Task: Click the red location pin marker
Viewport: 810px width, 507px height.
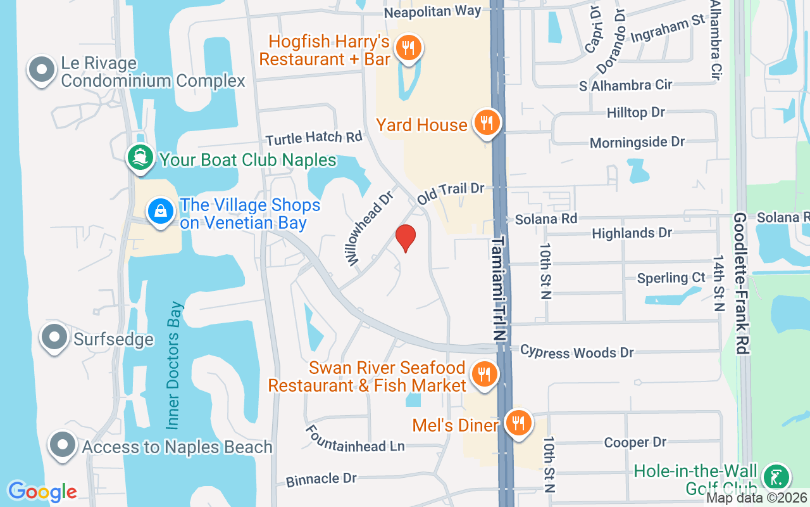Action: (406, 238)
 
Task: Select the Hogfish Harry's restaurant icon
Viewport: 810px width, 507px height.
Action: (409, 48)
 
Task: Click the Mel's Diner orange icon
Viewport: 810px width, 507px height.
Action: (518, 422)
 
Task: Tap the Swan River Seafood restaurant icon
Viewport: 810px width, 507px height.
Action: (484, 373)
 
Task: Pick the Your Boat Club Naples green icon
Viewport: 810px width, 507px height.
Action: (140, 157)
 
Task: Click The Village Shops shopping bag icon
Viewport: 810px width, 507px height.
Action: (161, 210)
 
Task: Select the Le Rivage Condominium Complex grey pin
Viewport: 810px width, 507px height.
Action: (42, 70)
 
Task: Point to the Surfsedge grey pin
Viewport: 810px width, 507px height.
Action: (54, 337)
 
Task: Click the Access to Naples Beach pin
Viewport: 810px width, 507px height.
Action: (63, 445)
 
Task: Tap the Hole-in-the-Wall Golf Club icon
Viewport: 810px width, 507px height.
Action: (776, 477)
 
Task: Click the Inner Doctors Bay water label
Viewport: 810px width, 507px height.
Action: (175, 366)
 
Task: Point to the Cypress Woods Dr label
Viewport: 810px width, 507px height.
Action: (576, 352)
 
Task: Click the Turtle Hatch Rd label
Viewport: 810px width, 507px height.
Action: (314, 138)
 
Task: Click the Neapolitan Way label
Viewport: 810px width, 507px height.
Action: (432, 11)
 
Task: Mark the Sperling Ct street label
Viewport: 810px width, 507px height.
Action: (671, 278)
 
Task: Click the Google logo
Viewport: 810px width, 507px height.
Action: (42, 491)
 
